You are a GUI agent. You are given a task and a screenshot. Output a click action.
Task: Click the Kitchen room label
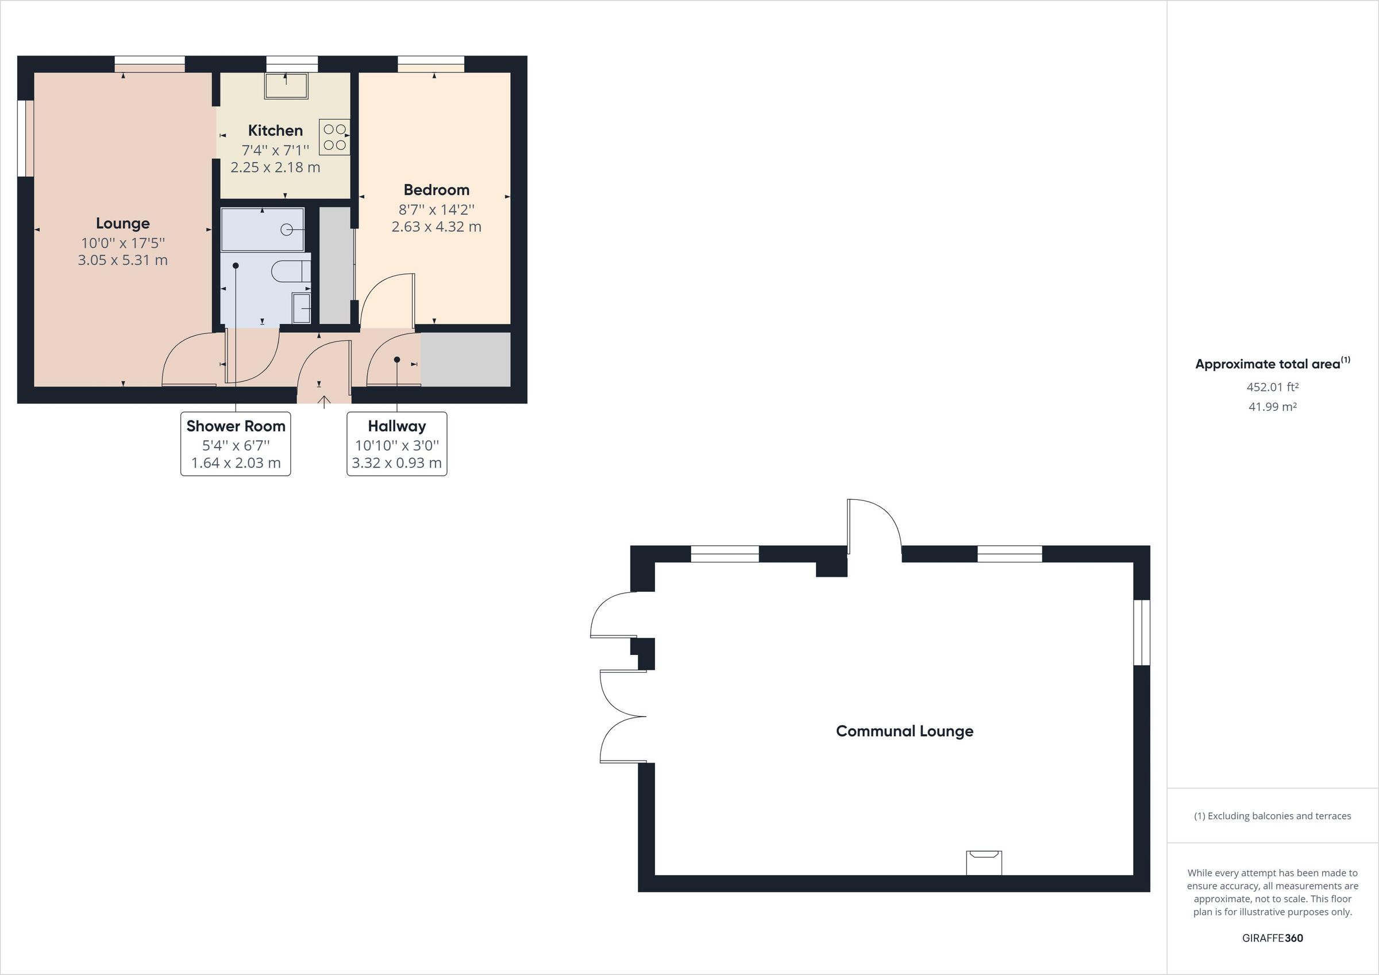(x=275, y=130)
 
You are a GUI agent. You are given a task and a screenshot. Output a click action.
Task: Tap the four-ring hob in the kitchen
(x=334, y=137)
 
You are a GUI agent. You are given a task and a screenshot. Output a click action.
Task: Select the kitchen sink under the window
(x=286, y=86)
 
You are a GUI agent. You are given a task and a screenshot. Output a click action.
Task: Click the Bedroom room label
(x=436, y=190)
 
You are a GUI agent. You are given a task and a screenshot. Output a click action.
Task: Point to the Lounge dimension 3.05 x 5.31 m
(x=122, y=260)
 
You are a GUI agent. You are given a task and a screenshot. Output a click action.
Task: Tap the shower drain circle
(x=287, y=229)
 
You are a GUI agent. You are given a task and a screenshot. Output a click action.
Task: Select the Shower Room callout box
(x=236, y=444)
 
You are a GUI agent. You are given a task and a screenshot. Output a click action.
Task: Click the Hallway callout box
(x=396, y=444)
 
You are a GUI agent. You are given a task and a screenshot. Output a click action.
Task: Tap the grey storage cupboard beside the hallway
(x=465, y=359)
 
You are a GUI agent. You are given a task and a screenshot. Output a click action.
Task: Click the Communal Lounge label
(x=904, y=731)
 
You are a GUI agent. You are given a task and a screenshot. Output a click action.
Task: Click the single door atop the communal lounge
(x=874, y=526)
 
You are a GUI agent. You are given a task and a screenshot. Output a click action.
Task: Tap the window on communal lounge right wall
(x=1141, y=633)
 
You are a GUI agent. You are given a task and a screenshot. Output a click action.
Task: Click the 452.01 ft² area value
(x=1272, y=387)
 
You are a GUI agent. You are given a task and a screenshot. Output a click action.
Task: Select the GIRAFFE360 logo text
(x=1272, y=938)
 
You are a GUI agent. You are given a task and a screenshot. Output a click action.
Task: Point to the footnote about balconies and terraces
(x=1272, y=816)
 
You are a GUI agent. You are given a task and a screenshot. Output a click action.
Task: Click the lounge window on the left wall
(x=25, y=138)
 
